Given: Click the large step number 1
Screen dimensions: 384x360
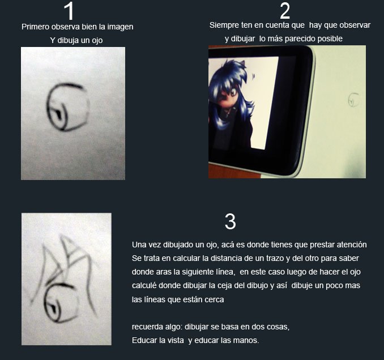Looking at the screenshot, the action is [69, 11].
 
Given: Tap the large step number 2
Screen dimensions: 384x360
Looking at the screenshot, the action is [285, 11].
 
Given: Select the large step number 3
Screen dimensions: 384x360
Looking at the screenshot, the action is [230, 221].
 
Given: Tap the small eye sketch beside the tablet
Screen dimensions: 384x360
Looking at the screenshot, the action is [353, 100].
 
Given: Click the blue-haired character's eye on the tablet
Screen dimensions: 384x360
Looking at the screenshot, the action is [233, 93].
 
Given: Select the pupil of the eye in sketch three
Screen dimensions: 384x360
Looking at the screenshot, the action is [53, 307].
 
